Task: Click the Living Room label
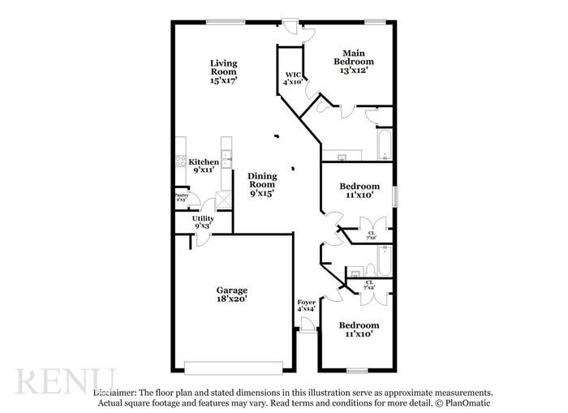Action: pos(223,67)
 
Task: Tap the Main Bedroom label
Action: pos(357,58)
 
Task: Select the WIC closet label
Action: pos(292,75)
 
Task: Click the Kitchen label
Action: pos(203,162)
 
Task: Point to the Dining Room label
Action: pos(262,180)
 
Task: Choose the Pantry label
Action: pos(182,195)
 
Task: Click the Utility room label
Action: pos(203,218)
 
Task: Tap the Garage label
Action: pos(231,290)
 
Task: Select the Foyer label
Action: pos(306,302)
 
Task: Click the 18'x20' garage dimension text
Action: pos(231,299)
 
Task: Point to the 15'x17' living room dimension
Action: pos(223,80)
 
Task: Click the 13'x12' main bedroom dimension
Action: pos(357,71)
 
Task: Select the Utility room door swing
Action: pos(203,239)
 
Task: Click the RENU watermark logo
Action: pos(65,381)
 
